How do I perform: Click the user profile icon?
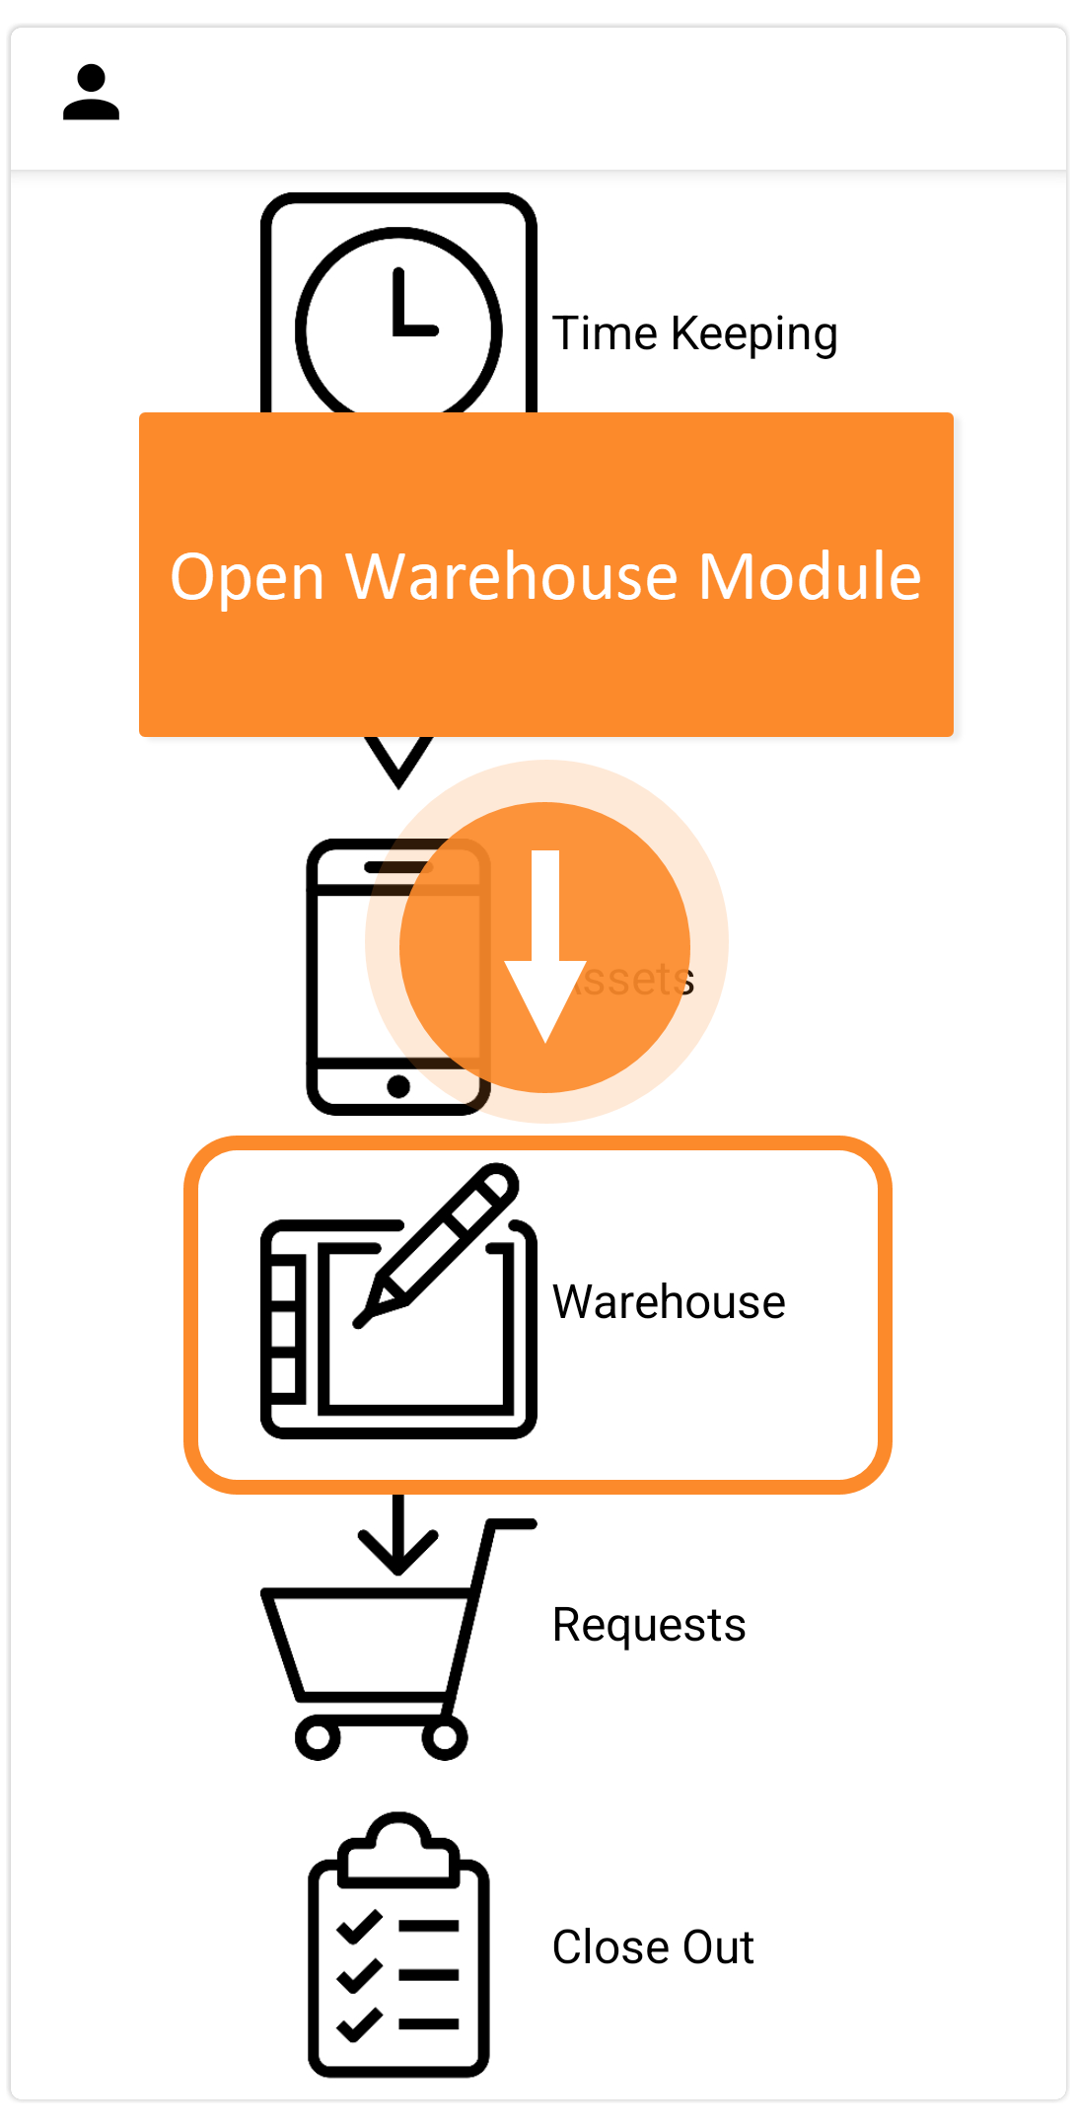tap(91, 93)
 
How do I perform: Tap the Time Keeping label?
tap(694, 333)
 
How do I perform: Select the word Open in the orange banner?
tap(247, 576)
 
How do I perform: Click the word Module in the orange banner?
tap(810, 576)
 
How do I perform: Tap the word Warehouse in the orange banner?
tap(511, 576)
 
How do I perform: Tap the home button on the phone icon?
tap(398, 1086)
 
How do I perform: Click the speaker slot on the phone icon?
tap(398, 867)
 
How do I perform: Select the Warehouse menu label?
tap(669, 1302)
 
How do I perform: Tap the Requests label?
tap(649, 1625)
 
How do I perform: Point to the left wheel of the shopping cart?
tap(318, 1737)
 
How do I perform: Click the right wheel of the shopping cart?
tap(445, 1737)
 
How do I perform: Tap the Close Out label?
tap(653, 1947)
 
